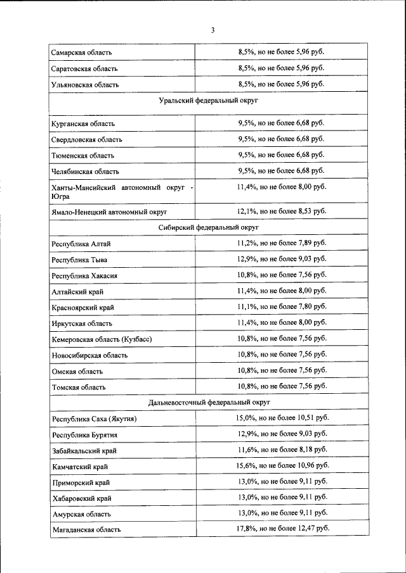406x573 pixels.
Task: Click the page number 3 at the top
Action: (213, 30)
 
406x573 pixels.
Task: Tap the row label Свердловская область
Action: (87, 139)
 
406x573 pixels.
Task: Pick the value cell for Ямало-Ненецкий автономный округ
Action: (281, 211)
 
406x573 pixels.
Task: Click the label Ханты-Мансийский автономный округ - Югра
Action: (122, 192)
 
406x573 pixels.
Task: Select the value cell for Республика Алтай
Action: (281, 243)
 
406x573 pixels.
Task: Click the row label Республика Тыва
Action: (79, 260)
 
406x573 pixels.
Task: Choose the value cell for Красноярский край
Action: (281, 306)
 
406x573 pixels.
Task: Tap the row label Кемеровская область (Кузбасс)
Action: (101, 339)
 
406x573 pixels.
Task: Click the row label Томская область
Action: (79, 387)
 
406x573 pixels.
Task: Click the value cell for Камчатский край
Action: (282, 465)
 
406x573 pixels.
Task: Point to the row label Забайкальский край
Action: (84, 451)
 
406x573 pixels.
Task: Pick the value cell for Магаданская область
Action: (282, 528)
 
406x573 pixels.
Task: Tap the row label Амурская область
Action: (81, 513)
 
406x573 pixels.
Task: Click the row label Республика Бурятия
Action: (84, 435)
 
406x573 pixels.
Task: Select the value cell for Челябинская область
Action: (281, 170)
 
